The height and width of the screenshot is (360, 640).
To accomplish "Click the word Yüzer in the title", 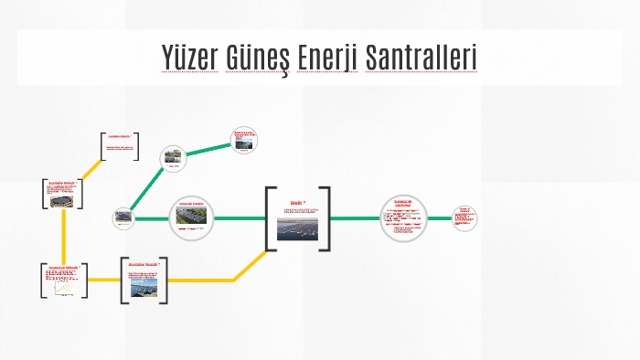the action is click(195, 57).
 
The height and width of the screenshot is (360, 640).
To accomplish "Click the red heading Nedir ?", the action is click(296, 203).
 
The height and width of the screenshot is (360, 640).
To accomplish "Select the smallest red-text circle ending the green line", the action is click(465, 217).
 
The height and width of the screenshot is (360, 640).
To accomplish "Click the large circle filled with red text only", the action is click(403, 218).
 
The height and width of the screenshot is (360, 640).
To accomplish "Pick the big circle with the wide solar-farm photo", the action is click(191, 218).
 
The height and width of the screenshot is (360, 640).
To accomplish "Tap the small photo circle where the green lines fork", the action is click(123, 217).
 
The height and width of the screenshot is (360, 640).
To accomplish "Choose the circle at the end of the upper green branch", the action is click(244, 141).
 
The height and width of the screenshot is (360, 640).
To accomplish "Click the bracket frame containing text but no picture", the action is click(120, 146).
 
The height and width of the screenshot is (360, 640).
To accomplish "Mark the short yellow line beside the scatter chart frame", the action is click(101, 280).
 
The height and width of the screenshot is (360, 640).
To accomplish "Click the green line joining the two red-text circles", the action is click(440, 218).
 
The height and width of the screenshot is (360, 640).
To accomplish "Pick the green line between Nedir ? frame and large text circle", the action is click(354, 218).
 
